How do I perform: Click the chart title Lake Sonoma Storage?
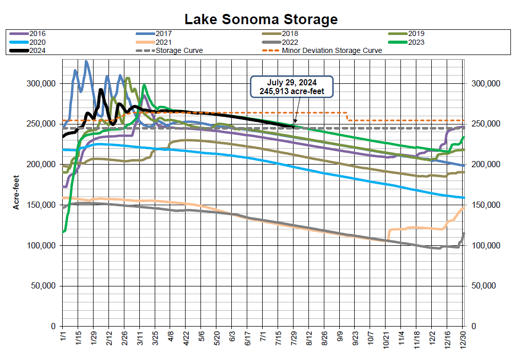point(261,20)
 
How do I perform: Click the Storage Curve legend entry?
point(179,50)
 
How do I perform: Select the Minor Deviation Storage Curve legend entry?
point(332,50)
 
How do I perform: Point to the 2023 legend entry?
point(414,42)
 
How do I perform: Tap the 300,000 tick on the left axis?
point(42,83)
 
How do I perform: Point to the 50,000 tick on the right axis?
point(485,286)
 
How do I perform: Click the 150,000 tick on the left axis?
point(42,205)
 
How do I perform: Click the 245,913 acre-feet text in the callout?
point(292,91)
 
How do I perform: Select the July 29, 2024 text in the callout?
point(292,82)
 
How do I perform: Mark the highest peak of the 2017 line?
point(86,61)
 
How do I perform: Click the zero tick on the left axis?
point(53,327)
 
